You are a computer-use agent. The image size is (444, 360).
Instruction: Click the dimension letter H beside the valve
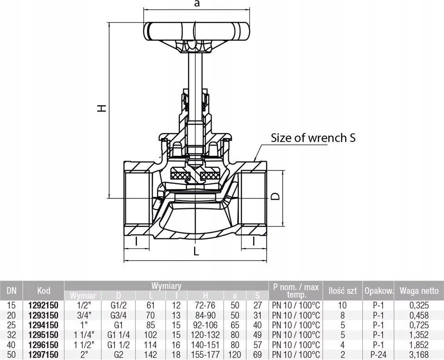tap(102, 108)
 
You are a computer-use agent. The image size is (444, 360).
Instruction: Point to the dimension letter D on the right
tap(275, 196)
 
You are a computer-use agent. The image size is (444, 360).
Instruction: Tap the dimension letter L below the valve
tap(196, 251)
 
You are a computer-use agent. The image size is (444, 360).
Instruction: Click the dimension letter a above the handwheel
tap(197, 3)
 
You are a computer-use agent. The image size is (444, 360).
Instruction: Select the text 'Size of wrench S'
tap(313, 138)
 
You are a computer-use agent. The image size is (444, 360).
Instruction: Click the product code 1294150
tap(43, 325)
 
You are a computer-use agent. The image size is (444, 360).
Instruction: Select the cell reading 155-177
tap(205, 354)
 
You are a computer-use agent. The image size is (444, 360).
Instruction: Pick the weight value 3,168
tap(419, 354)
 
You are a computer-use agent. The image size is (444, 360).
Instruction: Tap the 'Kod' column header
tap(43, 290)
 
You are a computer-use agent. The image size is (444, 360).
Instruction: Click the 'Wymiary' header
tap(166, 286)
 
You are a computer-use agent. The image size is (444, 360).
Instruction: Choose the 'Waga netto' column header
tap(419, 290)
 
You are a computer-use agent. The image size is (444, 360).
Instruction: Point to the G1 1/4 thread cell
tap(118, 335)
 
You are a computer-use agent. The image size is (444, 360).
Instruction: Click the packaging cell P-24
tap(378, 354)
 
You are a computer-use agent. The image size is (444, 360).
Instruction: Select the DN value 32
tap(12, 335)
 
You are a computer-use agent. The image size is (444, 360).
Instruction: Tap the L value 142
tap(150, 354)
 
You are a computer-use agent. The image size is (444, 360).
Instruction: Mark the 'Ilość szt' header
tap(343, 290)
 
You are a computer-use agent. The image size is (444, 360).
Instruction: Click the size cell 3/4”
tap(83, 315)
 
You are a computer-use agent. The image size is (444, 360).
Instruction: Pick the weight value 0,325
tap(419, 305)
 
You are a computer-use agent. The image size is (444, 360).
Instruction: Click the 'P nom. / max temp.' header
tap(296, 291)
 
